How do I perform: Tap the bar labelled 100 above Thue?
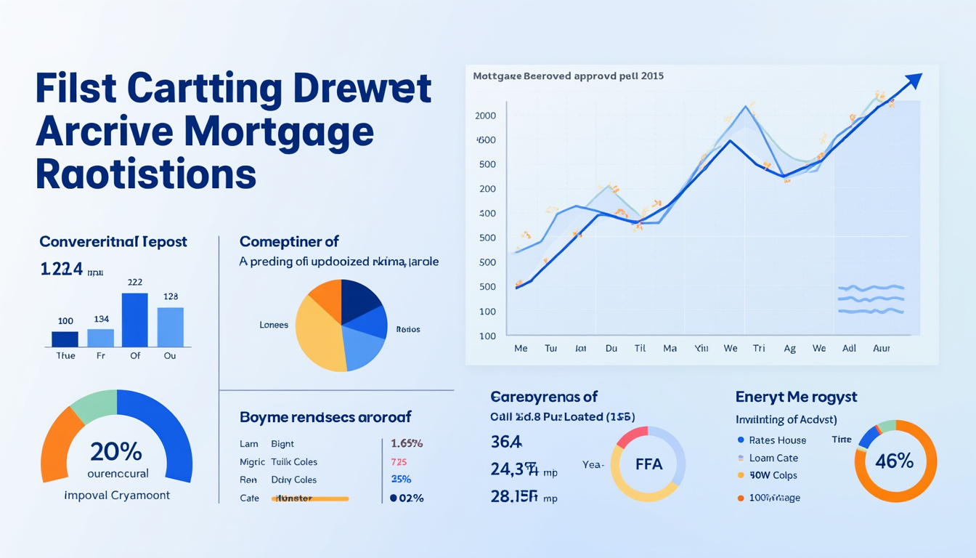(65, 339)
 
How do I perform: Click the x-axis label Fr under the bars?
(101, 356)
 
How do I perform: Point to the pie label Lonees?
(274, 325)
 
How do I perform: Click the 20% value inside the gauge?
(116, 452)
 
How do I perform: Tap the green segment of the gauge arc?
(94, 405)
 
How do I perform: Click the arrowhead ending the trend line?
(914, 80)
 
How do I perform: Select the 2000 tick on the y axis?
(485, 116)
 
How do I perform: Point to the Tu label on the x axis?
(550, 349)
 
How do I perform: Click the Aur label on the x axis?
(880, 349)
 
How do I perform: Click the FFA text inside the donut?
(648, 464)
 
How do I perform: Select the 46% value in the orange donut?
(895, 461)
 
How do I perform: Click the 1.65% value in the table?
(407, 443)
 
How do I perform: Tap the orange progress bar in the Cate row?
(310, 498)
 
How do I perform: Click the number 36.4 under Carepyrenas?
(506, 442)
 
